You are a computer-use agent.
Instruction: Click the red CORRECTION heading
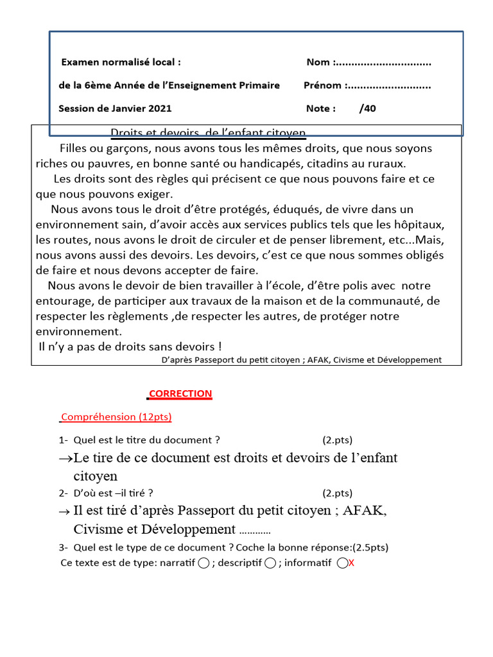[x=180, y=393]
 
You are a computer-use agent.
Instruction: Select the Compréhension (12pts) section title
[x=116, y=416]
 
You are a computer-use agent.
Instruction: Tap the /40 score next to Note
[x=368, y=108]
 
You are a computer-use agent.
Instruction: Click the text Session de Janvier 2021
[x=115, y=108]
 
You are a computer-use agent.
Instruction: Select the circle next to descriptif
[x=270, y=563]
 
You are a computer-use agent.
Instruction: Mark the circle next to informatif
[x=342, y=563]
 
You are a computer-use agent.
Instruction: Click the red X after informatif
[x=351, y=563]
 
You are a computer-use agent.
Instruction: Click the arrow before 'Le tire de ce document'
[x=65, y=459]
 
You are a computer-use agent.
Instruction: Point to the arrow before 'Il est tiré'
[x=64, y=511]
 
